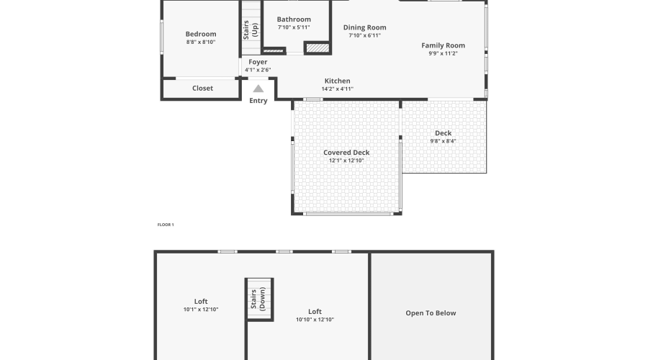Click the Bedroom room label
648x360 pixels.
[x=200, y=34]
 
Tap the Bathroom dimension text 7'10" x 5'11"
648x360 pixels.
[x=294, y=27]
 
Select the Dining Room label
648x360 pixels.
[x=364, y=27]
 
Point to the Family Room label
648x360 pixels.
[x=443, y=45]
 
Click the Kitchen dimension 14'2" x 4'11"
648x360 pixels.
[x=337, y=89]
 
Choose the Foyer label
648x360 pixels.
[x=258, y=62]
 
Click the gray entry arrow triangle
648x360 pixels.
[x=258, y=89]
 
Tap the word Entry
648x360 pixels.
[x=258, y=101]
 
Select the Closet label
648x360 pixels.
[x=202, y=89]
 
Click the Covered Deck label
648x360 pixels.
[x=346, y=153]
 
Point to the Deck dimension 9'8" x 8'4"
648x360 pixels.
[x=443, y=141]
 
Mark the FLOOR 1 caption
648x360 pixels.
[x=166, y=225]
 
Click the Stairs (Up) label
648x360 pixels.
[x=250, y=33]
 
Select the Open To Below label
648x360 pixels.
[x=431, y=313]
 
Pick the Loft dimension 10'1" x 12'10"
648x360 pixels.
[x=200, y=310]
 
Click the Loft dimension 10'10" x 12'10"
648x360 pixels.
[x=315, y=320]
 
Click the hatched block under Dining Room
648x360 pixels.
[x=318, y=48]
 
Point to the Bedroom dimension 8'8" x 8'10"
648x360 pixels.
[x=200, y=42]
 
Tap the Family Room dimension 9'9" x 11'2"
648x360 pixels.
[x=443, y=53]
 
